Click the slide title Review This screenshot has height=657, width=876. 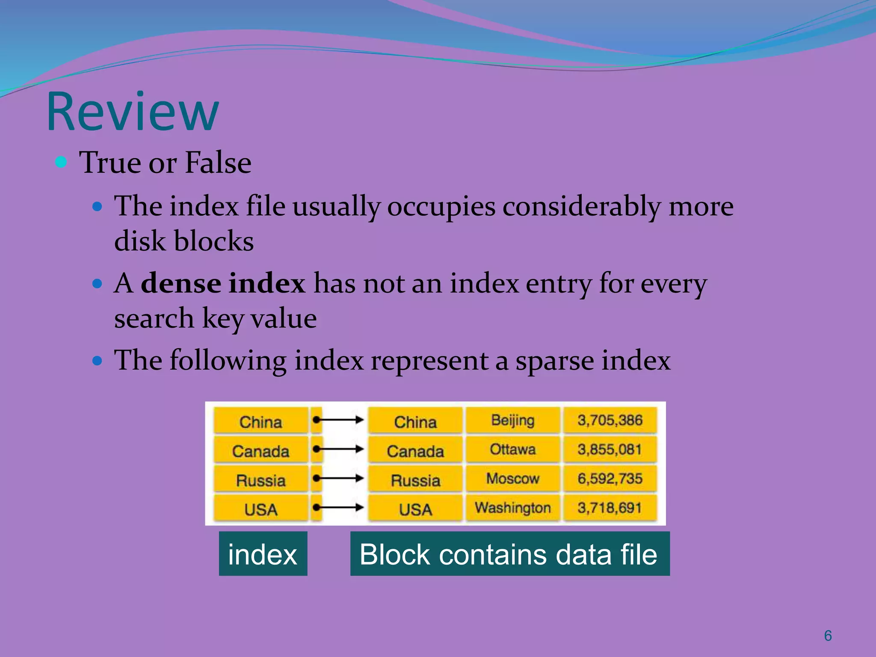133,112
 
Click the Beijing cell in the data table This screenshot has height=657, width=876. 512,420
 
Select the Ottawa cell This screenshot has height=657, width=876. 512,450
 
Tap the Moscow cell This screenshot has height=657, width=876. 512,479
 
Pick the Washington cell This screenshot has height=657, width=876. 512,508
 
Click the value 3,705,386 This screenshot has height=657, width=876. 610,420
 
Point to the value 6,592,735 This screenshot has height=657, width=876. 610,479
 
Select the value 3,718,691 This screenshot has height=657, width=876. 610,508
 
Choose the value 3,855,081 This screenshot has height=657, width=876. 610,450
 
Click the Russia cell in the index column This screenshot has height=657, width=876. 260,480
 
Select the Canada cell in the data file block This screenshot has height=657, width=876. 415,451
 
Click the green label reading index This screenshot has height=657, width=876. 263,554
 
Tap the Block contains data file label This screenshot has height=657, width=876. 509,554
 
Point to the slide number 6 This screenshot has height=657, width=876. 828,636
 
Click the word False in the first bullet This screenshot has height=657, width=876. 218,163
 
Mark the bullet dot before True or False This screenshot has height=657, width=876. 61,162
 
